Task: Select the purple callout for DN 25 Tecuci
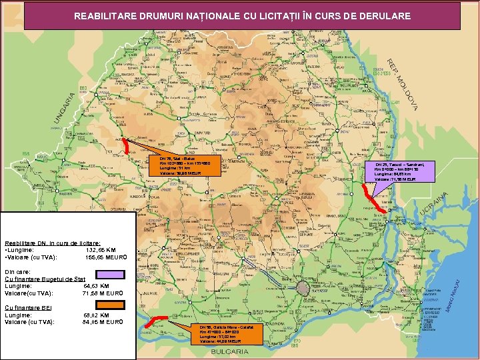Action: click(403, 171)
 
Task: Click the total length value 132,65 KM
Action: click(101, 250)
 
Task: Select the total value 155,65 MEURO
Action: click(101, 257)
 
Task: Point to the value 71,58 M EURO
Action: click(100, 293)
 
